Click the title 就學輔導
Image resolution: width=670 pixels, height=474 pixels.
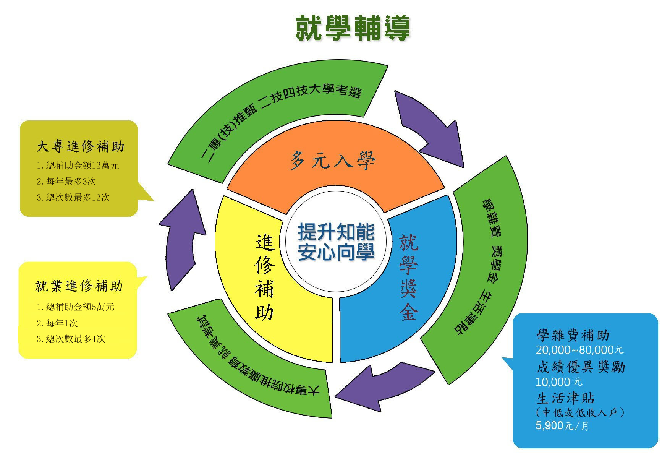(x=352, y=28)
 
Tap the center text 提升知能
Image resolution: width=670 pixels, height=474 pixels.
(x=336, y=232)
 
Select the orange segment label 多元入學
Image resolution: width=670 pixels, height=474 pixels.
(x=332, y=160)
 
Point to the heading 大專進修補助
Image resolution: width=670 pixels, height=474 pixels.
(x=81, y=146)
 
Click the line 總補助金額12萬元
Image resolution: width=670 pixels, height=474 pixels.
(x=78, y=166)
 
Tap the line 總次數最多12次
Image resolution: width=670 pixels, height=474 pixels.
(x=73, y=198)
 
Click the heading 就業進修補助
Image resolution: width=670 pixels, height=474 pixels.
(x=79, y=286)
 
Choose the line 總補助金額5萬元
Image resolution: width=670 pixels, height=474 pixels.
(x=76, y=307)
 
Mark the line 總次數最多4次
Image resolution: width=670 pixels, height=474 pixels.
(x=71, y=339)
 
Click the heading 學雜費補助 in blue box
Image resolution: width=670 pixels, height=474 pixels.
(x=573, y=336)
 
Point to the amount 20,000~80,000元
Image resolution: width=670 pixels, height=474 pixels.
(x=579, y=350)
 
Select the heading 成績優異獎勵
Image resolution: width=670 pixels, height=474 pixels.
(x=581, y=367)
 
